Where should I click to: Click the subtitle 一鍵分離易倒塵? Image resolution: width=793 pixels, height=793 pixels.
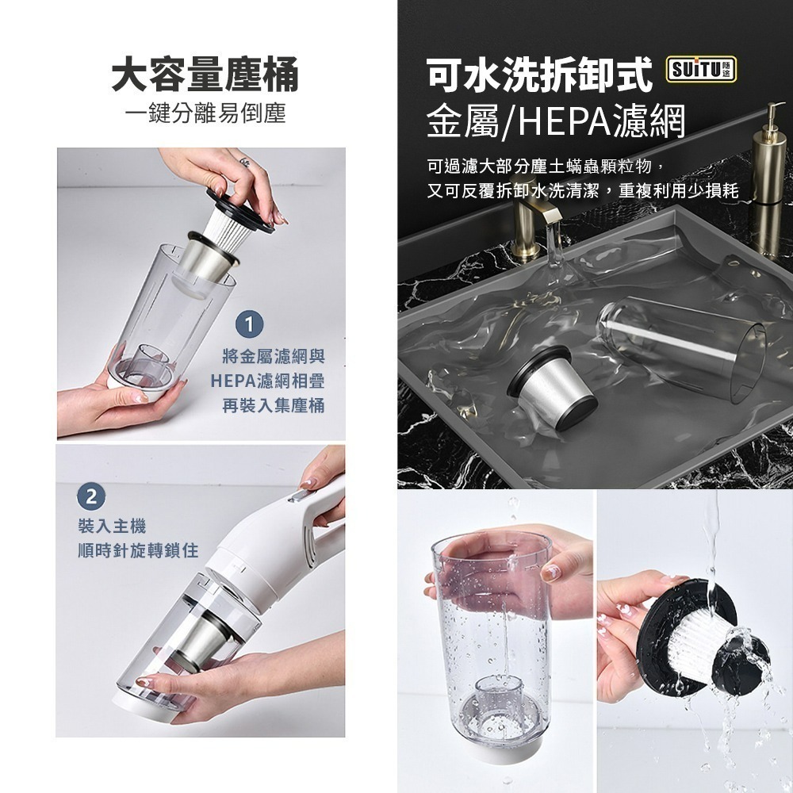205,113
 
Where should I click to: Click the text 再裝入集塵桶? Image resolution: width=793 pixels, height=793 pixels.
273,405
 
